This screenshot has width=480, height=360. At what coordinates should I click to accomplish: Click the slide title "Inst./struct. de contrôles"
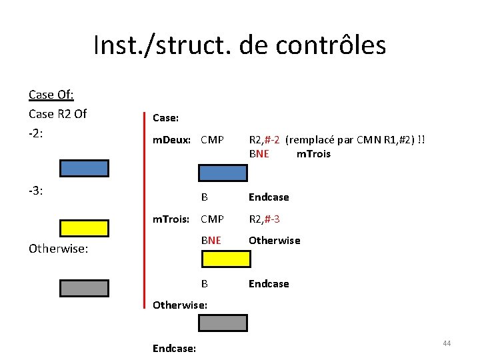coord(239,45)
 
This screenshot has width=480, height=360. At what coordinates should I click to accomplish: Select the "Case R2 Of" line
coord(57,113)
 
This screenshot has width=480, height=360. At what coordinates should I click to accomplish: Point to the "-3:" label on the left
coord(36,191)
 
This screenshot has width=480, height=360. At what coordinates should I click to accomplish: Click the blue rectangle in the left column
coord(84,168)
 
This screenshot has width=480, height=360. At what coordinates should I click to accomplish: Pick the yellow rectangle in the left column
coord(84,228)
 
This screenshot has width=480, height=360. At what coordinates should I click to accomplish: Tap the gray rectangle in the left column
coord(84,287)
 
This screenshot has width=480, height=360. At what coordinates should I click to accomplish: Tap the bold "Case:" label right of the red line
coord(165,118)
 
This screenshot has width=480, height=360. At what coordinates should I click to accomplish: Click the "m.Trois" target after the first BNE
coord(313,154)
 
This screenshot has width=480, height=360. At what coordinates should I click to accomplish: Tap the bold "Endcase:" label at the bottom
coord(174,348)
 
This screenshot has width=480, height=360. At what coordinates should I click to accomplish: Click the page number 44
coord(447,343)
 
